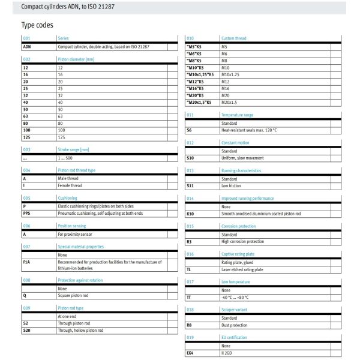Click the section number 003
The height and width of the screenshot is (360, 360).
pos(26,149)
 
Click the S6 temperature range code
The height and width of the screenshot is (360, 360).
pos(190,130)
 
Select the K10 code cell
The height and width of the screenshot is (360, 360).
pos(191,214)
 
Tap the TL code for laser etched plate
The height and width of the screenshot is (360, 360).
pos(190,269)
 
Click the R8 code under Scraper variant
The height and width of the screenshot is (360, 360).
pos(190,325)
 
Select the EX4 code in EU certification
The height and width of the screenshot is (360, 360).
pos(190,353)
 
